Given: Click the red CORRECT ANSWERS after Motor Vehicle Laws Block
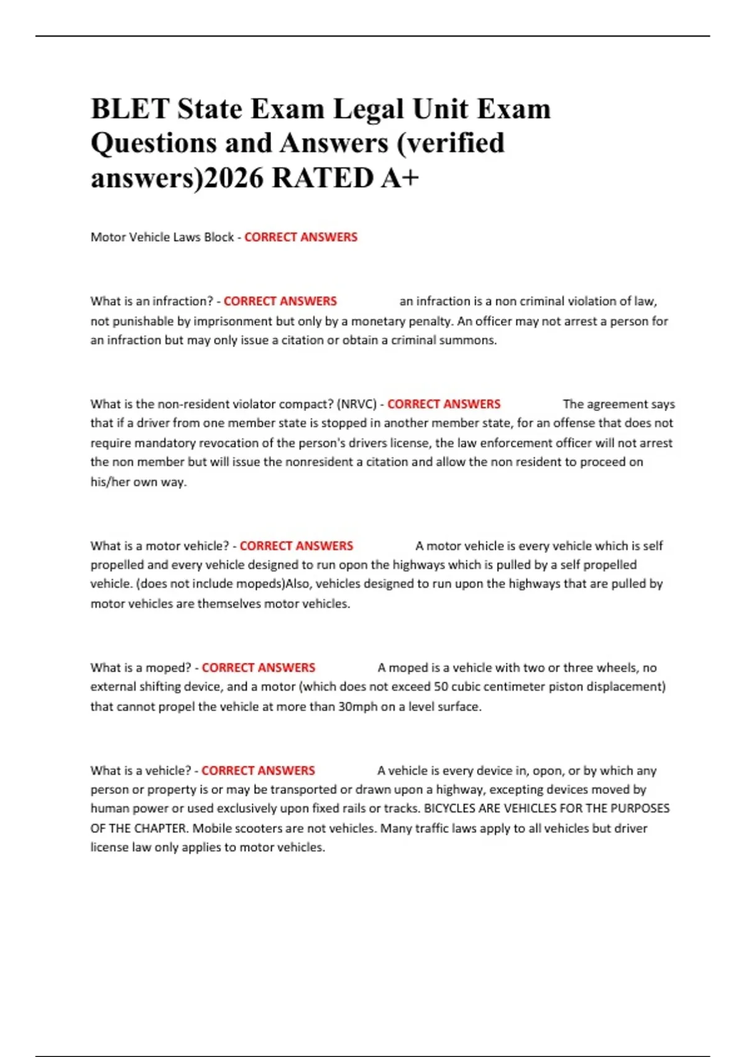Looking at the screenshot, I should click(301, 237).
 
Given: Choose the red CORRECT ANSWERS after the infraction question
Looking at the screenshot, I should click(280, 301).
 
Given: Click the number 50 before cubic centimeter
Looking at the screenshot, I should click(441, 686).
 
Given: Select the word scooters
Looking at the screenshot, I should click(250, 828).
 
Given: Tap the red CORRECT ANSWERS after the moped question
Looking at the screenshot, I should click(259, 668).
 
